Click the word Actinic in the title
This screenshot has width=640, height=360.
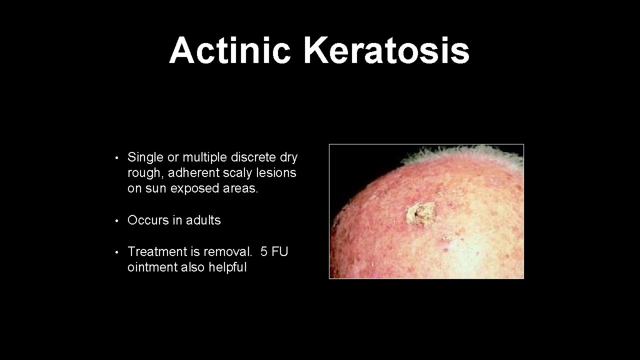tap(229, 51)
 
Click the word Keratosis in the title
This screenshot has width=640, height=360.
tap(386, 51)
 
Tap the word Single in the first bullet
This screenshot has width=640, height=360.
tap(145, 157)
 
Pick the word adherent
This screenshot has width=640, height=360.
tap(191, 173)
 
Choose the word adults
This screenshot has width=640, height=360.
tap(203, 220)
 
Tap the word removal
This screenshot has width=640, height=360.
tap(228, 251)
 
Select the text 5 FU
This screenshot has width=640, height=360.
tap(274, 251)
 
